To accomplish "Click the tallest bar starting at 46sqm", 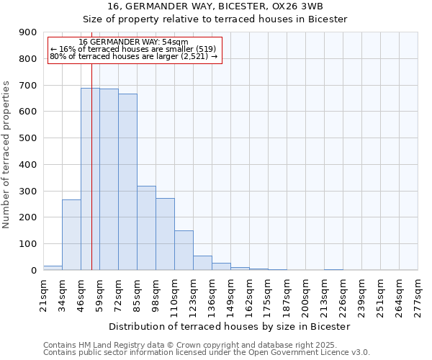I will coord(90,179).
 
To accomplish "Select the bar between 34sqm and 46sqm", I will coord(71,235).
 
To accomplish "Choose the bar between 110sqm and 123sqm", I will coord(184,251).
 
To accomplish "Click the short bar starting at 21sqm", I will coord(53,268).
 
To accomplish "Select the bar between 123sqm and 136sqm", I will coord(202,263).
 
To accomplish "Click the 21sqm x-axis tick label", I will coord(44,293).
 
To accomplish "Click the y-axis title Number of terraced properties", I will coord(7,155).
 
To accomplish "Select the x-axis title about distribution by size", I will coord(230,326).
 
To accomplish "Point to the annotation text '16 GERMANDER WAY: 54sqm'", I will coord(133,42).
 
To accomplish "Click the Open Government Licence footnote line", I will coord(207,353).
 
